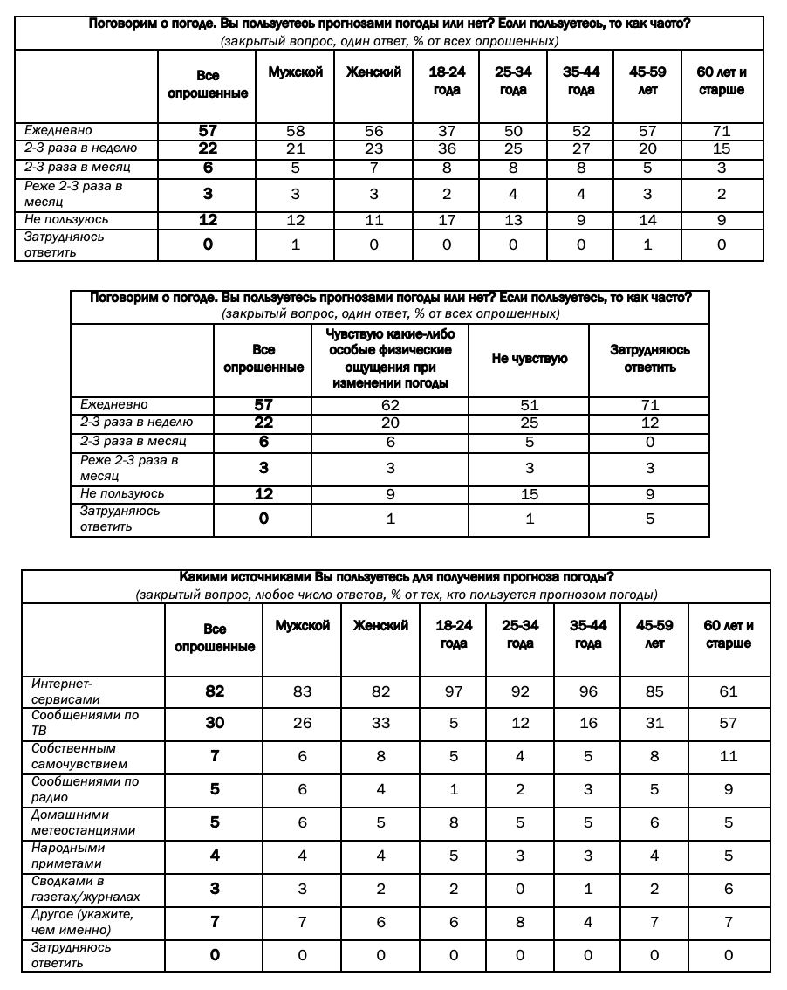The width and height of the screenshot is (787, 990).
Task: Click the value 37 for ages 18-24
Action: [447, 131]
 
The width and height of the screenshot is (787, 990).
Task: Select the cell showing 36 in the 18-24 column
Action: [447, 148]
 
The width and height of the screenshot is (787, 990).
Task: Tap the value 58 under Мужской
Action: [295, 131]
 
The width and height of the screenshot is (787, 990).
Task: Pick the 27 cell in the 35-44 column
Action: [581, 148]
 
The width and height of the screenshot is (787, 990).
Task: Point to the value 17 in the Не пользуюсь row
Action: [447, 220]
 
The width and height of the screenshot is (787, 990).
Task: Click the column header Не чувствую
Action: [529, 359]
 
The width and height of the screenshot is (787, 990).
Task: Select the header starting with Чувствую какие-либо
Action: [390, 359]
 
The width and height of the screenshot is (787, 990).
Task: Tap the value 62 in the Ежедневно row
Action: [390, 405]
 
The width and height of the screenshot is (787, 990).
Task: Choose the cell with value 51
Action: [529, 405]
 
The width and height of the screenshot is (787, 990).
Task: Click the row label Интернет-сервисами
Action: [66, 691]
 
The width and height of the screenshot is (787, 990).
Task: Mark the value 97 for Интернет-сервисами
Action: [454, 691]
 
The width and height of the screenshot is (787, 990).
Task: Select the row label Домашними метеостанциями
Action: [84, 822]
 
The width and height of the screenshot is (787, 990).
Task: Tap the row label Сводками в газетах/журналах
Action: [86, 889]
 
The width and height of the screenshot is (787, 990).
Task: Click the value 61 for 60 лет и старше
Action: [729, 691]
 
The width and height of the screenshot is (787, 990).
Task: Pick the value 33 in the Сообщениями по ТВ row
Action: [380, 723]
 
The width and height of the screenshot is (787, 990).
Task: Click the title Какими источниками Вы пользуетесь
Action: [396, 577]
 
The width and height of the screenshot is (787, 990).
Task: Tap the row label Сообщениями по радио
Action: [85, 789]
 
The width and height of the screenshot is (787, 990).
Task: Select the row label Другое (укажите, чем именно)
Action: [82, 922]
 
